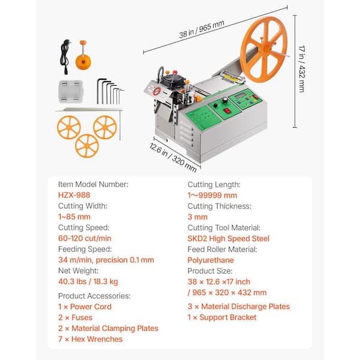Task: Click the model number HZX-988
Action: (74, 195)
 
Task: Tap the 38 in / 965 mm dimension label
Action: (202, 29)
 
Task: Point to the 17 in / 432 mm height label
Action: (302, 69)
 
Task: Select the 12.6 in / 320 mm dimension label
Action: (173, 157)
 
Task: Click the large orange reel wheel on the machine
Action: (263, 49)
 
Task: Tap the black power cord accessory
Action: (65, 56)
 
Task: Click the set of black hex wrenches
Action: (110, 91)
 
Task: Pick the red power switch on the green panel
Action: (227, 111)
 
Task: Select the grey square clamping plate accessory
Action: (70, 91)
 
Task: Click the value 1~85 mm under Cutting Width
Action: (74, 217)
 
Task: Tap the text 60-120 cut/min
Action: (85, 238)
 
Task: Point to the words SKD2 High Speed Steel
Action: (228, 239)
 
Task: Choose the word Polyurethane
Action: (211, 260)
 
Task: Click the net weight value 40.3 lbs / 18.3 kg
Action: (88, 281)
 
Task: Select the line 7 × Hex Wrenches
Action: (91, 339)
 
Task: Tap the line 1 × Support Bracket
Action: (222, 317)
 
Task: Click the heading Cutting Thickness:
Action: (219, 206)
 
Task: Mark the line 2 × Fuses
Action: (75, 317)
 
